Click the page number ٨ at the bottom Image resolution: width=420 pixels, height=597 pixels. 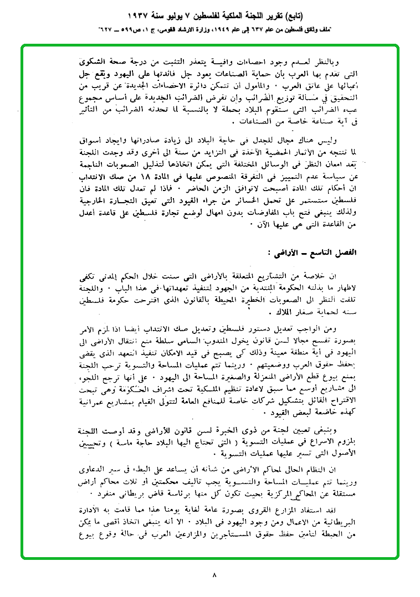214,575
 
